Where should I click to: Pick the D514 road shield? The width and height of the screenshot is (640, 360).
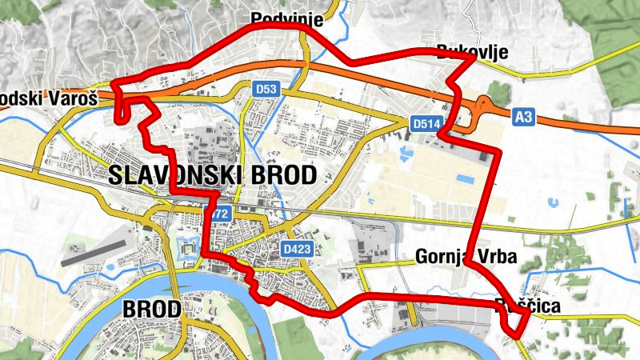tap(426, 123)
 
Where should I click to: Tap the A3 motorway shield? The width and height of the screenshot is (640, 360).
tap(523, 118)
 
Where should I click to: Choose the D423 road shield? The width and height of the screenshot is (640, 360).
tap(296, 250)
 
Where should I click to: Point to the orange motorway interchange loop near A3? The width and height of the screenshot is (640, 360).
tap(482, 106)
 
